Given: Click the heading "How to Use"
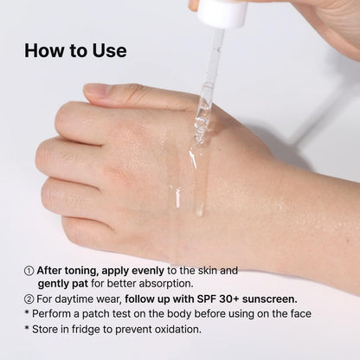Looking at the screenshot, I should pyautogui.click(x=75, y=50).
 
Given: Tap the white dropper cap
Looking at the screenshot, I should pyautogui.click(x=222, y=12).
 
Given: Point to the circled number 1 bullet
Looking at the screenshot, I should pyautogui.click(x=29, y=270).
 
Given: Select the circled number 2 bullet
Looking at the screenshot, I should pyautogui.click(x=29, y=299).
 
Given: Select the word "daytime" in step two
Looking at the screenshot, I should pyautogui.click(x=80, y=299).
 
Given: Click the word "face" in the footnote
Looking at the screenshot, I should pyautogui.click(x=298, y=313).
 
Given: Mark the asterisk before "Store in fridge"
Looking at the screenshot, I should pyautogui.click(x=28, y=328).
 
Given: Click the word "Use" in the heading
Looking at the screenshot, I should pyautogui.click(x=109, y=50).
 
